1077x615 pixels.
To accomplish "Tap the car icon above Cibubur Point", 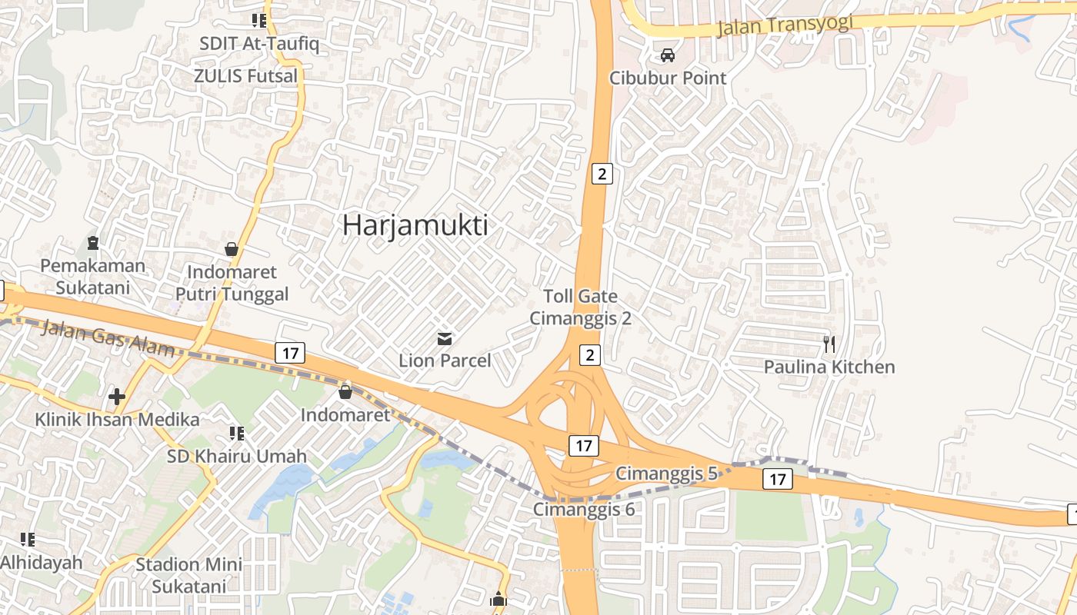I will [x=668, y=55].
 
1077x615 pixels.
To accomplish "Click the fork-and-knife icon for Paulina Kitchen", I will [x=829, y=344].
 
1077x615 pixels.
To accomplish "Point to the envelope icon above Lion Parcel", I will [x=445, y=338].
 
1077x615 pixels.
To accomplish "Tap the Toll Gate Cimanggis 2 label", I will [x=580, y=307].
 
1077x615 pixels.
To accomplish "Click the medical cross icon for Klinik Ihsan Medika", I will [x=117, y=397].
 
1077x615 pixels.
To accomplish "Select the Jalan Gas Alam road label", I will [x=108, y=337].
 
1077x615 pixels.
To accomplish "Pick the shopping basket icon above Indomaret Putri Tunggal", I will [x=231, y=249].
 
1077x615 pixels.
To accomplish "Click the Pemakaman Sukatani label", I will [x=92, y=277].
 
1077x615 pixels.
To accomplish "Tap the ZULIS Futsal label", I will [x=245, y=76].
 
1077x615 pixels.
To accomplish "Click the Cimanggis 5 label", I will [x=666, y=474].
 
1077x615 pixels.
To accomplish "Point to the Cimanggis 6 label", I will [x=585, y=509].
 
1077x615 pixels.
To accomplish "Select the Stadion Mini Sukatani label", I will [x=189, y=575].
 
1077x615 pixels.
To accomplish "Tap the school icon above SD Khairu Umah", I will [x=237, y=434].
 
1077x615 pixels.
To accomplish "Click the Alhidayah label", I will [x=41, y=562].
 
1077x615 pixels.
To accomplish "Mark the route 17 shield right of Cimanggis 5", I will [x=777, y=480].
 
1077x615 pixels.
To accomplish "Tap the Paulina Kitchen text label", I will [x=829, y=367].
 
